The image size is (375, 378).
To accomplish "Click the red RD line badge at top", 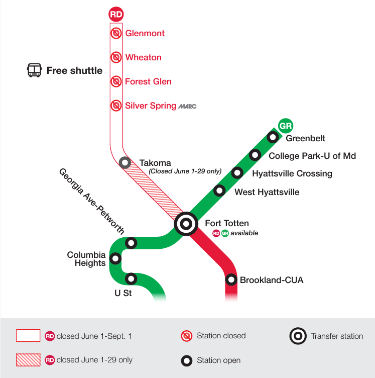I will point(116,14).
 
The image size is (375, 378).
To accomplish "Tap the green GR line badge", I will point(285,126).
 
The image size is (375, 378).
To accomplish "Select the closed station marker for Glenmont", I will point(116,33).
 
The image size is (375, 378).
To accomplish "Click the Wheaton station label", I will point(143,57).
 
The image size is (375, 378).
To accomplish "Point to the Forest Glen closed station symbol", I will point(116,81).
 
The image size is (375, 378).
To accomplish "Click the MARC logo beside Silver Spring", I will point(187,106).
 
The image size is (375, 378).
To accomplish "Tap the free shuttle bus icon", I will point(34,70).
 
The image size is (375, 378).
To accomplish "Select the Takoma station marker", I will point(125,163).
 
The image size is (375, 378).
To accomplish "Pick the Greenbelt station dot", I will point(273,137).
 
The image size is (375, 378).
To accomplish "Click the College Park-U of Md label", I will point(312,156).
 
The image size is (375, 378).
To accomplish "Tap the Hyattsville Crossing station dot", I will point(237,173).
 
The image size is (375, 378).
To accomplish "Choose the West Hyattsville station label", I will point(267,192).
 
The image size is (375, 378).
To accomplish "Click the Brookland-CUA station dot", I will point(231,279).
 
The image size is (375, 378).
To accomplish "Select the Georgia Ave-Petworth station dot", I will point(131,243).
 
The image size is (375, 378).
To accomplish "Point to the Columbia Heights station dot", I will point(115,259).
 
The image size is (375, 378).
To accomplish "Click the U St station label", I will point(123,292).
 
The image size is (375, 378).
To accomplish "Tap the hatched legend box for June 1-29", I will point(28,360).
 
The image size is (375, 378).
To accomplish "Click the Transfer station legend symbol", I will point(298,336).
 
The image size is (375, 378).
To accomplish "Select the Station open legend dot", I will point(187,360).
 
